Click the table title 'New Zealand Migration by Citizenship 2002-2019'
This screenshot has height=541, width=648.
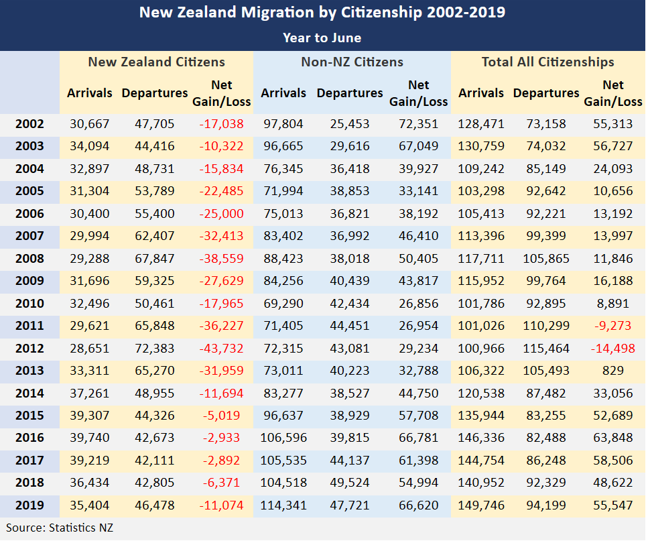322,13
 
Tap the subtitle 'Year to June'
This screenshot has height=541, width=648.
322,38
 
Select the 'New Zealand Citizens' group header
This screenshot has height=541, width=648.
157,62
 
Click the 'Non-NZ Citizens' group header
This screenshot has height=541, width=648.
352,62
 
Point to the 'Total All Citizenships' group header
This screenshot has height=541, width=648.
548,62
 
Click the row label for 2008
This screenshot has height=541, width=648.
29,258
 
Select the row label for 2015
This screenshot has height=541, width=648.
29,415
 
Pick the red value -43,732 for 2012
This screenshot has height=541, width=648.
221,348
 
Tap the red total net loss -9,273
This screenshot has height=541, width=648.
612,326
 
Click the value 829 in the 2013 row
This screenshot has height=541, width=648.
612,370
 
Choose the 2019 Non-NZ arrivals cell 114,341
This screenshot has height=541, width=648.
283,505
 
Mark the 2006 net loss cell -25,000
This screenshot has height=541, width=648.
221,213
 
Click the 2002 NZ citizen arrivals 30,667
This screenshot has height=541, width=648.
90,123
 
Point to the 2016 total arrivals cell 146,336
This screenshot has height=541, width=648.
481,438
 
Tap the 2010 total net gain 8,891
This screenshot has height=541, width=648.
612,303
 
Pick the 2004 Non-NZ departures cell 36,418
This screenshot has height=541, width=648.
350,168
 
